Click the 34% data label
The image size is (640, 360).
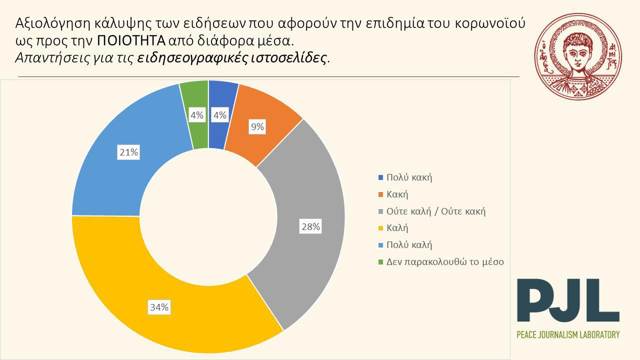pyautogui.click(x=159, y=307)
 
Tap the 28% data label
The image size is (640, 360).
pyautogui.click(x=310, y=227)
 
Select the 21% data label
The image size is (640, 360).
pyautogui.click(x=128, y=152)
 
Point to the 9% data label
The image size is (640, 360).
pyautogui.click(x=257, y=127)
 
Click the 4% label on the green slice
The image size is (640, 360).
pyautogui.click(x=196, y=115)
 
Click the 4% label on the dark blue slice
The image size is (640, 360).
pyautogui.click(x=220, y=115)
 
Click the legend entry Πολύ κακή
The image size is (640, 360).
pyautogui.click(x=408, y=177)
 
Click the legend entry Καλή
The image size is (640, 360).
pyautogui.click(x=397, y=228)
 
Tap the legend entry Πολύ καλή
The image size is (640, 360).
pyautogui.click(x=409, y=245)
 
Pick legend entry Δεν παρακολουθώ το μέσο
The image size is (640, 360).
pyautogui.click(x=445, y=261)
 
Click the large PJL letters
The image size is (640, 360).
pyautogui.click(x=567, y=301)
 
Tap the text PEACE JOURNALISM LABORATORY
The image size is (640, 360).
pyautogui.click(x=568, y=334)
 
